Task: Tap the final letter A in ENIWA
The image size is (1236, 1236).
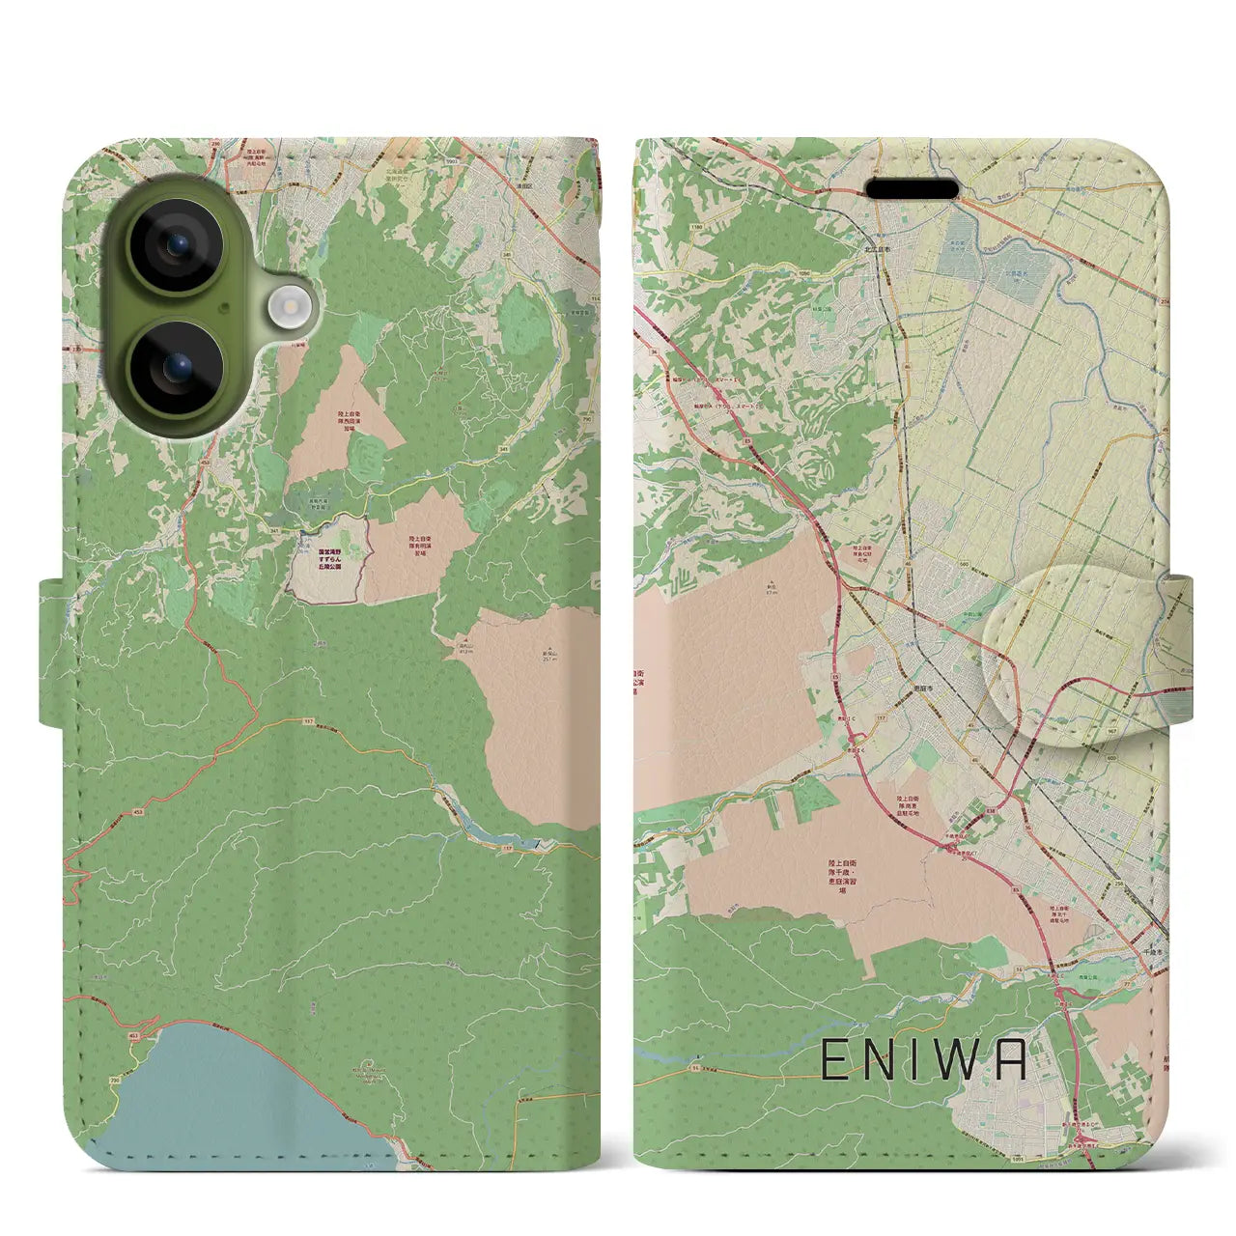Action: coord(1008,1062)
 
